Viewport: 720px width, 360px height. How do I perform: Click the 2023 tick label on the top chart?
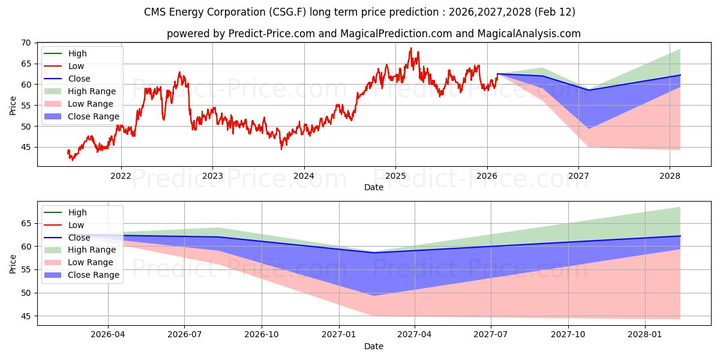(212, 175)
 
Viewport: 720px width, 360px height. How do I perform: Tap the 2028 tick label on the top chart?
(670, 175)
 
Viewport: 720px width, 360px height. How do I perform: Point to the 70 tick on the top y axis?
(26, 43)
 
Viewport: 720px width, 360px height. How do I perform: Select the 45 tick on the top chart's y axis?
(26, 147)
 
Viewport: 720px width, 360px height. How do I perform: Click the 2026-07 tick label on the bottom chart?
(184, 334)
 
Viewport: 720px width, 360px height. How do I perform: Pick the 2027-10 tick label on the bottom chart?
(568, 334)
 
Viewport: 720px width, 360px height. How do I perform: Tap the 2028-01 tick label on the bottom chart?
(645, 334)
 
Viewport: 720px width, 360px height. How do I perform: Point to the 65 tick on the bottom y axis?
(26, 223)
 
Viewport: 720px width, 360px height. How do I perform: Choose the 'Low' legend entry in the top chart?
(76, 66)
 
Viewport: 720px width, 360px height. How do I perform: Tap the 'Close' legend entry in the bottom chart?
(79, 238)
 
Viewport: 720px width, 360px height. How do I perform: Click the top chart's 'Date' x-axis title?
(374, 187)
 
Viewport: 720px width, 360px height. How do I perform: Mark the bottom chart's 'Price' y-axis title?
(13, 263)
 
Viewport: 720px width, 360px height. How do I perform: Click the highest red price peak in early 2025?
(411, 48)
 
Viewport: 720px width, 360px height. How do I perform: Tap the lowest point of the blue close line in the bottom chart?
(374, 253)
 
